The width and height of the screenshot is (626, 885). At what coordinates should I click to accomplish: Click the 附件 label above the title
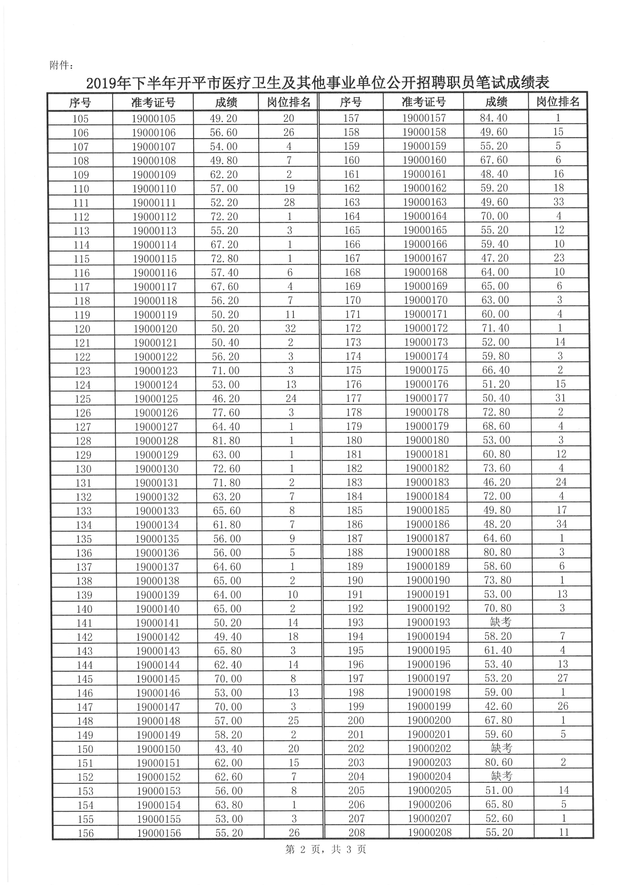(x=61, y=66)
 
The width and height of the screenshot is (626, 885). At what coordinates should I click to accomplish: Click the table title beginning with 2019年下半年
(x=317, y=83)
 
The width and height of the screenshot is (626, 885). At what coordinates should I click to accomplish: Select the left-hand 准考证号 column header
(x=153, y=102)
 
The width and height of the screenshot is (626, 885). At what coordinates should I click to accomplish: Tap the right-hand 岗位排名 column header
(x=558, y=102)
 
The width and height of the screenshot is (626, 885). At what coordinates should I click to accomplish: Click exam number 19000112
(x=154, y=217)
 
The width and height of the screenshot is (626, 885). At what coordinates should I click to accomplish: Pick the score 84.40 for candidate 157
(x=493, y=118)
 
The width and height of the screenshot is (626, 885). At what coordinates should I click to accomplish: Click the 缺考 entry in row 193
(x=500, y=622)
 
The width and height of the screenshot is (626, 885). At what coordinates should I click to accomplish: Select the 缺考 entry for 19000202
(x=501, y=748)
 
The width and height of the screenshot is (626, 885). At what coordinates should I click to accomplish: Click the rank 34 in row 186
(x=561, y=524)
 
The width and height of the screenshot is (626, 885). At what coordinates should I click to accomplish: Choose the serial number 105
(x=80, y=119)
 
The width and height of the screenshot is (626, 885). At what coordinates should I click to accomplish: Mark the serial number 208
(x=357, y=832)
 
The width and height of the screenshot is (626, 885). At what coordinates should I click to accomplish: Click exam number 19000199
(x=429, y=706)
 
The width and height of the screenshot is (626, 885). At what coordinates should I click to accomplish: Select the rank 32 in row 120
(x=290, y=328)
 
